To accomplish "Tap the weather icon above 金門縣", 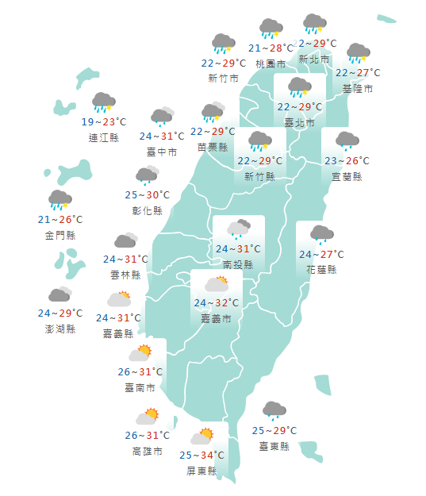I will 60,200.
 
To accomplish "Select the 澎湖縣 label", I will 60,329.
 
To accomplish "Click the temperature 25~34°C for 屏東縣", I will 201,455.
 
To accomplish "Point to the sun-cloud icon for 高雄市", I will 148,415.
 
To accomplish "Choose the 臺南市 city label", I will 140,388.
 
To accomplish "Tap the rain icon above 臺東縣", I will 274,410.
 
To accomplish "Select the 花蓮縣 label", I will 321,270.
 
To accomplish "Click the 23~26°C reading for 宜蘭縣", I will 347,161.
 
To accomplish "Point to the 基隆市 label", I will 357,88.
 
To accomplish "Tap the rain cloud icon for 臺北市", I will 299,87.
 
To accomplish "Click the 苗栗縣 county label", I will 213,147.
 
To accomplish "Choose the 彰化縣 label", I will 147,210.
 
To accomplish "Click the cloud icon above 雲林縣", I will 126,240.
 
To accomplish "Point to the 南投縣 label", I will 238,264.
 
